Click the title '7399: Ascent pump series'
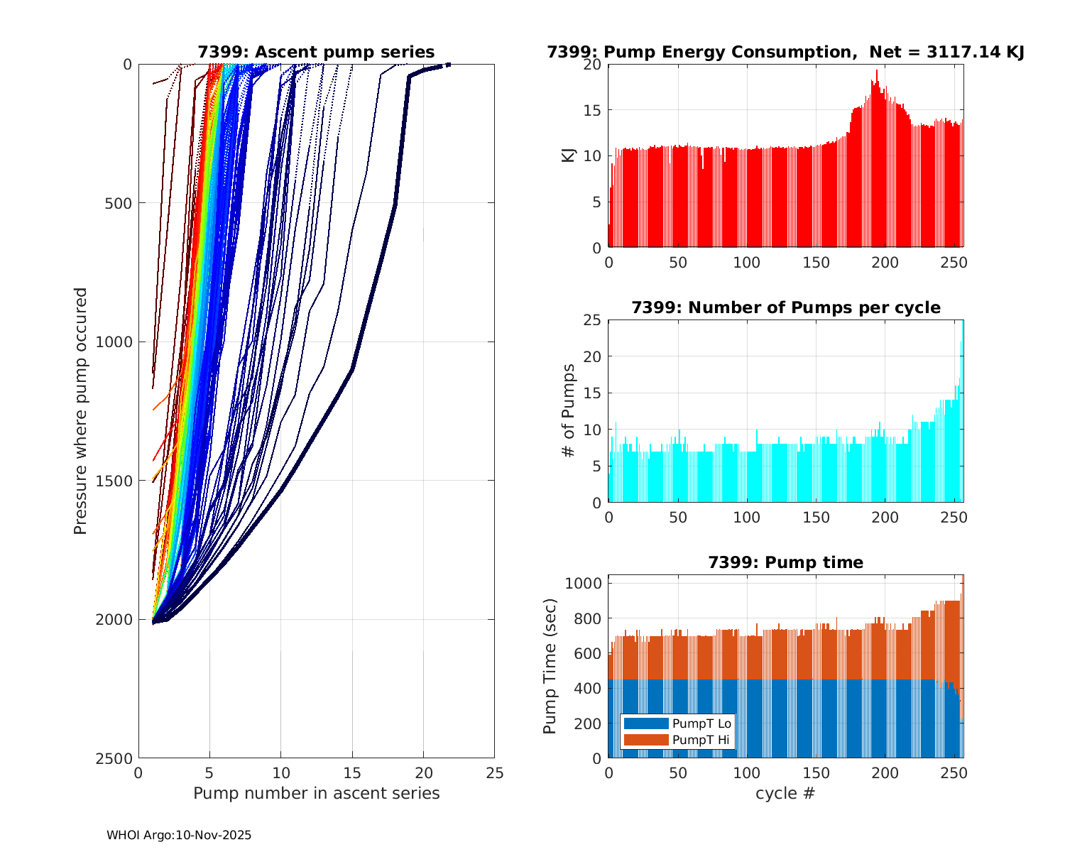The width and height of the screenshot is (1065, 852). pos(316,52)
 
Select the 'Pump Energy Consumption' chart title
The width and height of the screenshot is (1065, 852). pos(785,52)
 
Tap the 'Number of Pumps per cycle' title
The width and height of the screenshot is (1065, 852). pos(785,307)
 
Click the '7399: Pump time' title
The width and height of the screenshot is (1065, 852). pos(785,562)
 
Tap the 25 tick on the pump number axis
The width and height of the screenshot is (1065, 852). pos(495,772)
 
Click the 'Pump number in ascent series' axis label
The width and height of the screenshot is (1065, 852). pos(316,793)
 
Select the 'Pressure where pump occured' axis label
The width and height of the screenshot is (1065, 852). pos(80,411)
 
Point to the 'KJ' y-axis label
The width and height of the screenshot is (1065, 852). pos(568,155)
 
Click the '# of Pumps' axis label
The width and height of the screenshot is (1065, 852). pos(568,410)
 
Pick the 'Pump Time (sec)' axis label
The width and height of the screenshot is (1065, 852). pos(550,666)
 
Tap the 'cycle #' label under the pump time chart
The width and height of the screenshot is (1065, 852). pos(785,793)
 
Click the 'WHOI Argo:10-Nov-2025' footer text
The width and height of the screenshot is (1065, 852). pos(179,835)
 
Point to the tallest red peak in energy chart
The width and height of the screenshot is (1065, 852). pos(877,72)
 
